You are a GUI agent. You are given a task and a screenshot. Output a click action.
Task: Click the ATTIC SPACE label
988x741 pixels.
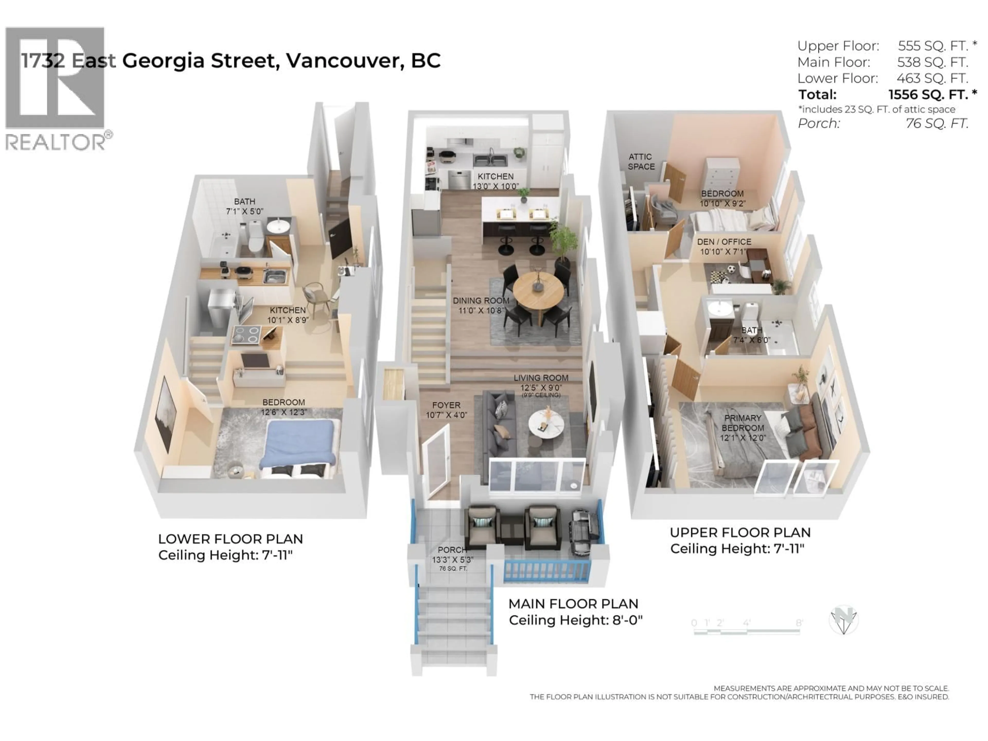click(641, 162)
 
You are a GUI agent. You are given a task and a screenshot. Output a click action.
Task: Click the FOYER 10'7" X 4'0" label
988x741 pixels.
click(446, 410)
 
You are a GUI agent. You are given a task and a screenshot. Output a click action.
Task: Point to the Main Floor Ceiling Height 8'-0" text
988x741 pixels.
click(575, 620)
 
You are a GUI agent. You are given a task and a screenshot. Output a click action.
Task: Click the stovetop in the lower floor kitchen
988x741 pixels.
click(246, 334)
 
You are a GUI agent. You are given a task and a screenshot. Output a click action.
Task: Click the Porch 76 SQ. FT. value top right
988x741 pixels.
click(937, 123)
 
